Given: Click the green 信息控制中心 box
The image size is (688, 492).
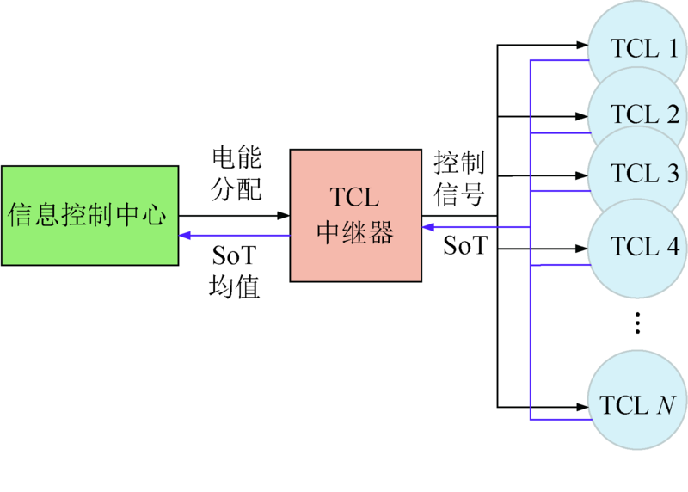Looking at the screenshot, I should pos(89,215).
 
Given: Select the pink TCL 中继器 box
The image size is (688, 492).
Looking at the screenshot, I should pos(354,215).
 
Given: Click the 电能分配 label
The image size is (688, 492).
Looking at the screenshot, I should pos(236,173).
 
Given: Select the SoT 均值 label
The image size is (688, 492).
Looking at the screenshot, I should pos(234,271).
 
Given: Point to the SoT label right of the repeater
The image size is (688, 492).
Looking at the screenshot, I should pos(464,247).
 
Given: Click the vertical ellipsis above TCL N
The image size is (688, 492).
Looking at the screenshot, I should pos(637,323).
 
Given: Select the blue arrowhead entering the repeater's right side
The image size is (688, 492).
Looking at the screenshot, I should pos(427,227).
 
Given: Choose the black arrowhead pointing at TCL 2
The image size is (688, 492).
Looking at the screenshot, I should pos(581,116).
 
